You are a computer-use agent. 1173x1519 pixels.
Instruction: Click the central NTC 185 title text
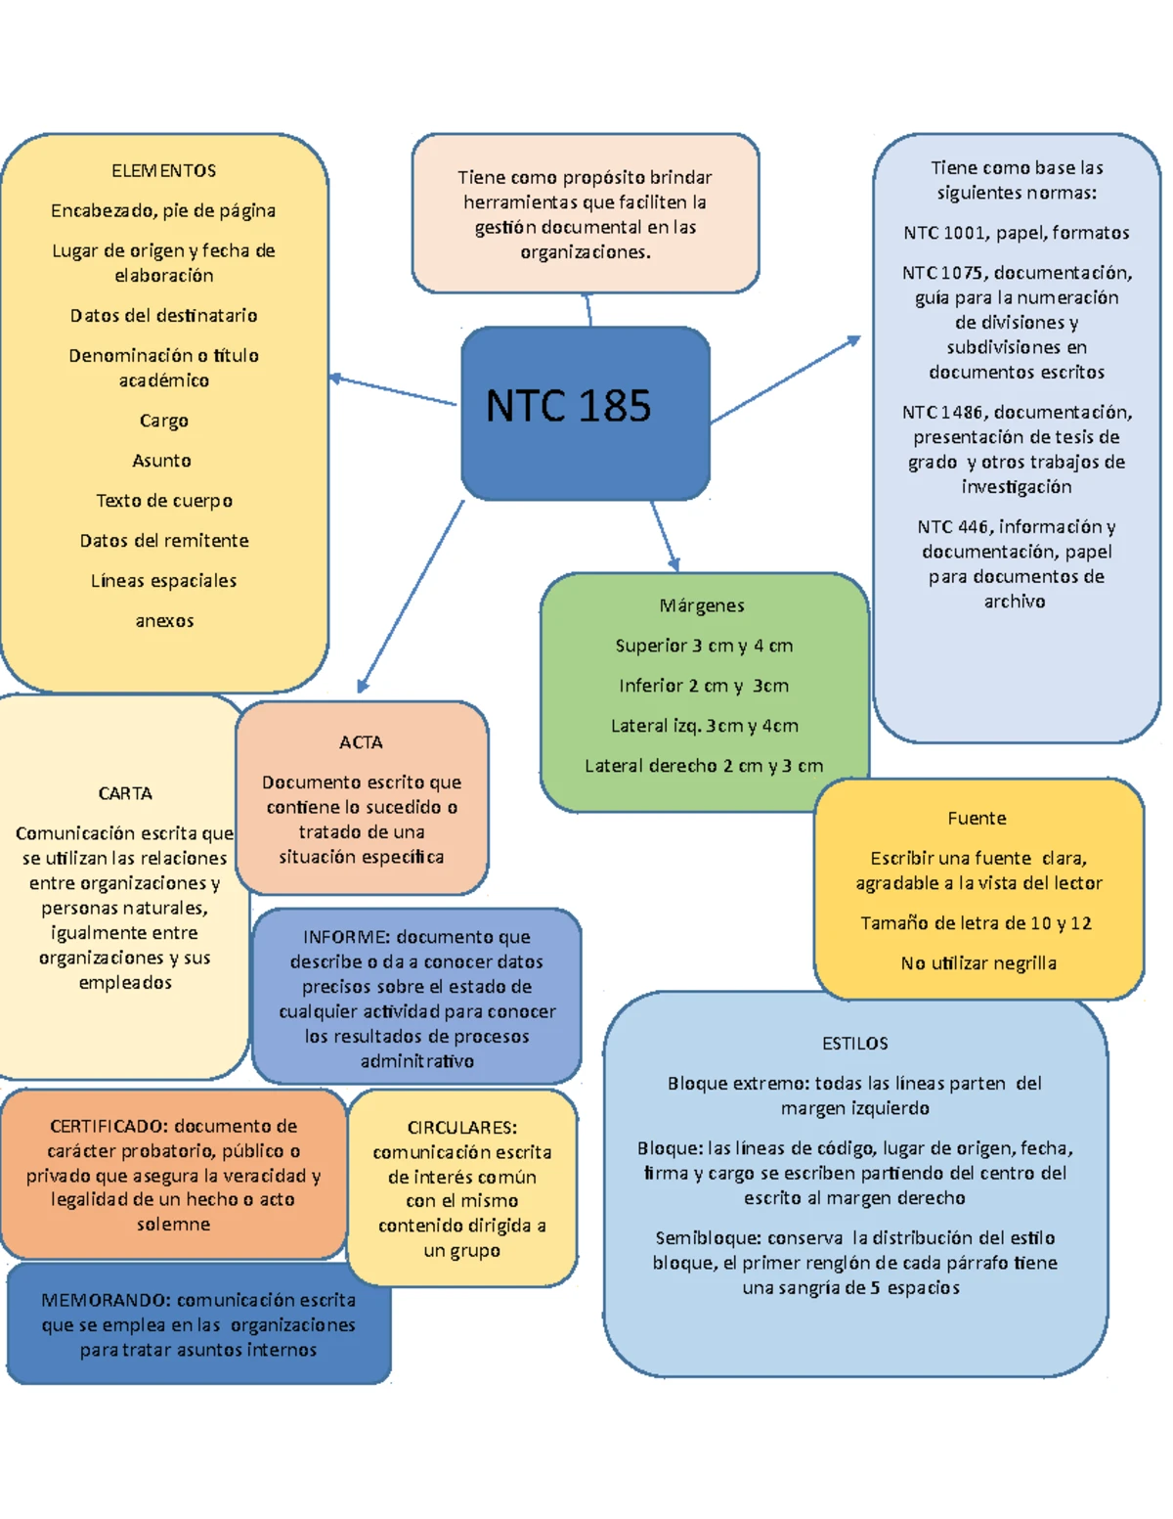[x=568, y=406]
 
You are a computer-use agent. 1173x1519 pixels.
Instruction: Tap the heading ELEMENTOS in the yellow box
[x=164, y=171]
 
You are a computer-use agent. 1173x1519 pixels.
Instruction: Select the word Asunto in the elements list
[x=162, y=461]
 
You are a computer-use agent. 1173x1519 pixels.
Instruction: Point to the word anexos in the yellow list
[x=164, y=621]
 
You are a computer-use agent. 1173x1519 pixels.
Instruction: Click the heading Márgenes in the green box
[x=702, y=605]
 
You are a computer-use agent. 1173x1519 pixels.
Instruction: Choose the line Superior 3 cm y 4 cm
[x=704, y=646]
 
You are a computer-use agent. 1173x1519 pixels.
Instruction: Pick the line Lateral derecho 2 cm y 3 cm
[x=704, y=766]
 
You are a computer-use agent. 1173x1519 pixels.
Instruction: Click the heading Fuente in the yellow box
[x=977, y=819]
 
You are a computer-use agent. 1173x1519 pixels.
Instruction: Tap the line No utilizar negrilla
[x=978, y=963]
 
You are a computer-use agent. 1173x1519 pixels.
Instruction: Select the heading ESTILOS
[x=855, y=1044]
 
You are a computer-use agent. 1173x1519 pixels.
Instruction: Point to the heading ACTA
[x=361, y=742]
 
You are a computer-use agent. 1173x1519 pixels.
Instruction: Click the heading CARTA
[x=125, y=793]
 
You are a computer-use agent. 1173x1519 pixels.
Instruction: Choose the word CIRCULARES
[x=461, y=1128]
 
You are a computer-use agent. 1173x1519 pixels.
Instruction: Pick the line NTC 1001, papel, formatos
[x=1017, y=233]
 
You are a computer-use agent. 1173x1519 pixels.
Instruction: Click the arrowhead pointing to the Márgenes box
[x=673, y=564]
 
